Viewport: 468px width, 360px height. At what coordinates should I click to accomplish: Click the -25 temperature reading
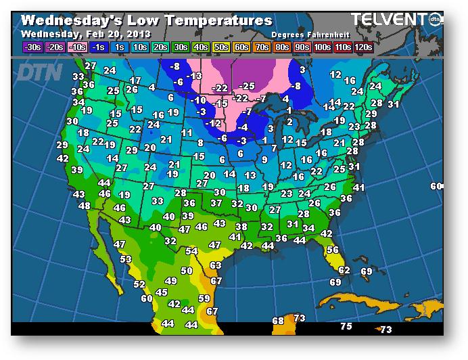tap(248, 86)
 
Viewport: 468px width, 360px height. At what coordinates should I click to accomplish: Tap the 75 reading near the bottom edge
tap(346, 326)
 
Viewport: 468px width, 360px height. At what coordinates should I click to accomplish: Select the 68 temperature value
tap(278, 321)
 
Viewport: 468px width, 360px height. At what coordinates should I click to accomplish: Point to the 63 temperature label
tap(216, 265)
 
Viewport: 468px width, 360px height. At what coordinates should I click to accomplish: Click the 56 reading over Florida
tap(332, 250)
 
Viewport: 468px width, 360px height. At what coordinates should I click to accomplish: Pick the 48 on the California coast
tap(85, 206)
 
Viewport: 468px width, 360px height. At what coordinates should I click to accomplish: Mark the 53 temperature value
tap(126, 259)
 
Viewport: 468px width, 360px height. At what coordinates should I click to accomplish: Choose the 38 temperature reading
tap(241, 227)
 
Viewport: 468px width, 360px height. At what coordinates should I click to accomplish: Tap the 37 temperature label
tap(216, 203)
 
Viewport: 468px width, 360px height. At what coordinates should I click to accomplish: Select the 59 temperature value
tap(204, 298)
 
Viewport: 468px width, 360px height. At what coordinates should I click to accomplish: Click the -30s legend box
tap(32, 47)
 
